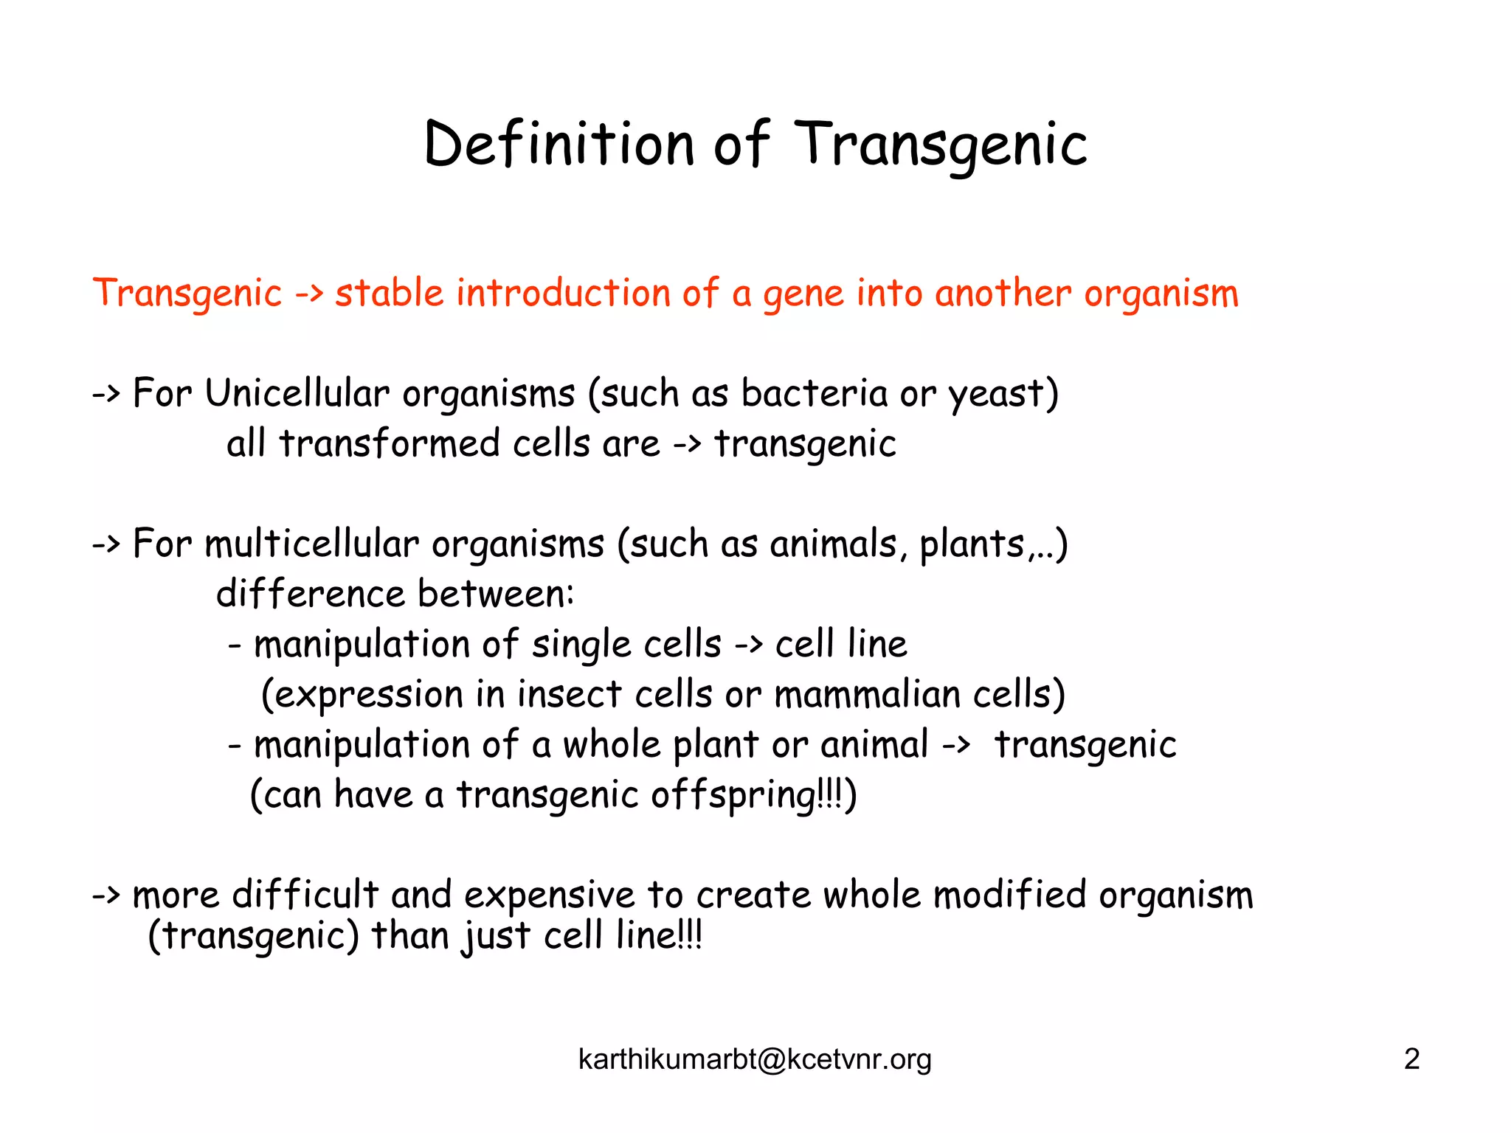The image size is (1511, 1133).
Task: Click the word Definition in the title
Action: pyautogui.click(x=559, y=144)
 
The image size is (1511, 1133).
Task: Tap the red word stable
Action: pyautogui.click(x=389, y=293)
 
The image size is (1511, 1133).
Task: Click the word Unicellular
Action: pyautogui.click(x=297, y=393)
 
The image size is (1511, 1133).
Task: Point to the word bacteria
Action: pyautogui.click(x=814, y=393)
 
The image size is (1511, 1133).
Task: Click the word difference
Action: pyautogui.click(x=311, y=594)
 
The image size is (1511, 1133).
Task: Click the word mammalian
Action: pyautogui.click(x=867, y=695)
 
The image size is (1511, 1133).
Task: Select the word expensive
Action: pyautogui.click(x=549, y=895)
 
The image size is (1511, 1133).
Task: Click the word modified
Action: pyautogui.click(x=1009, y=895)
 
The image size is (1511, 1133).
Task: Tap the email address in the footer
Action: pyautogui.click(x=755, y=1059)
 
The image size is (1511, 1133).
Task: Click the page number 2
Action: pyautogui.click(x=1411, y=1059)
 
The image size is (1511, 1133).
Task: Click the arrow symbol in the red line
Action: pyautogui.click(x=308, y=294)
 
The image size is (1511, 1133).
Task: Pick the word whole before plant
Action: pyautogui.click(x=612, y=745)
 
